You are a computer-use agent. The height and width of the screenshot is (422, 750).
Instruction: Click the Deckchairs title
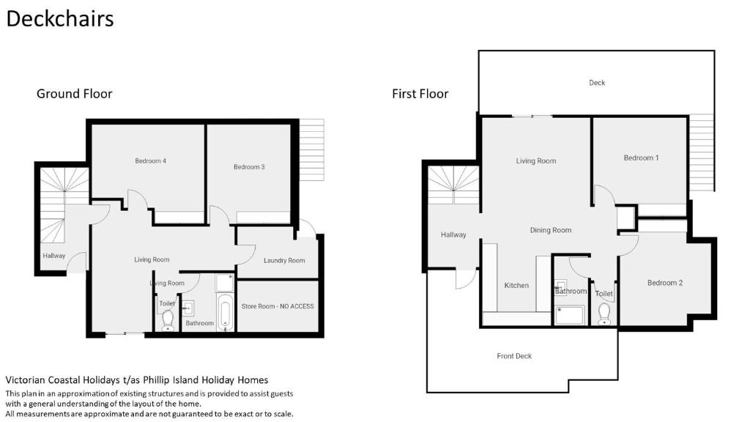pyautogui.click(x=60, y=19)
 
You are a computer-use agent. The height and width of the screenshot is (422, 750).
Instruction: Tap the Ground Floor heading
pyautogui.click(x=74, y=94)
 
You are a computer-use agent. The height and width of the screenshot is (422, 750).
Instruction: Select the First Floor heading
pyautogui.click(x=420, y=94)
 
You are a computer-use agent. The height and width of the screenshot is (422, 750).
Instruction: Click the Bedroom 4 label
pyautogui.click(x=151, y=160)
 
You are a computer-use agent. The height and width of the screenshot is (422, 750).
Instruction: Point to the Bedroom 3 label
pyautogui.click(x=249, y=167)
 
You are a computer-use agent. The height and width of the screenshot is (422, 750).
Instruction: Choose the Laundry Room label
pyautogui.click(x=284, y=261)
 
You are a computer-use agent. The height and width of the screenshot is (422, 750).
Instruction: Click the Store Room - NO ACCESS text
pyautogui.click(x=278, y=306)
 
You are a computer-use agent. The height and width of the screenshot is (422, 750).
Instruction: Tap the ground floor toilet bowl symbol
pyautogui.click(x=168, y=320)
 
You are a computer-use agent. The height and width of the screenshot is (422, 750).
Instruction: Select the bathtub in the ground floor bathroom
pyautogui.click(x=226, y=312)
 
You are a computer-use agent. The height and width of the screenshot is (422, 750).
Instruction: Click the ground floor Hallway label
pyautogui.click(x=54, y=256)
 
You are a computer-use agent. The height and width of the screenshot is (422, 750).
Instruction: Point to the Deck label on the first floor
pyautogui.click(x=597, y=83)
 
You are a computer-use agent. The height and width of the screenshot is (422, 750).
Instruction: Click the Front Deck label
pyautogui.click(x=514, y=356)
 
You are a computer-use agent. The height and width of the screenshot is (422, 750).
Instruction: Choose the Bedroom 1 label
pyautogui.click(x=641, y=158)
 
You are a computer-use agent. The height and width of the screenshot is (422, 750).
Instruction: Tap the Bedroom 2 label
pyautogui.click(x=665, y=283)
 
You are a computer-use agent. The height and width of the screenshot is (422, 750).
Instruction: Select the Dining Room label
pyautogui.click(x=551, y=230)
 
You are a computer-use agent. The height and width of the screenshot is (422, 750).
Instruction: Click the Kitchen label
pyautogui.click(x=516, y=285)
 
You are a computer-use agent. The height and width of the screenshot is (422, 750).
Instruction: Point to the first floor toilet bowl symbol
pyautogui.click(x=604, y=314)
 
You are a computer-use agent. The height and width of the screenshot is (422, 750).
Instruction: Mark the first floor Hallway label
pyautogui.click(x=453, y=235)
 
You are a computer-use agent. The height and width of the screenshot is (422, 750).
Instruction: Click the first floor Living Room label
pyautogui.click(x=535, y=161)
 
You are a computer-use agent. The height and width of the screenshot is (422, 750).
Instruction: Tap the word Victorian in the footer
pyautogui.click(x=26, y=380)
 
